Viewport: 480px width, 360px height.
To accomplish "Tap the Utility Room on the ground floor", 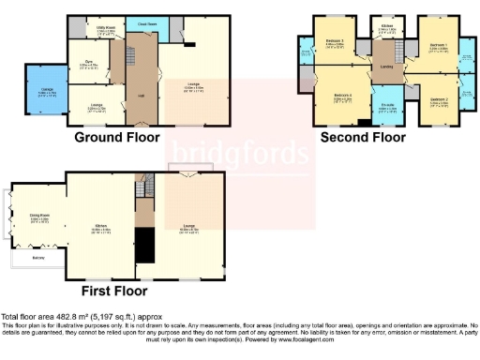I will [x=91, y=29].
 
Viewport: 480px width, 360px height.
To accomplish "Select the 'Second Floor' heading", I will [x=363, y=137].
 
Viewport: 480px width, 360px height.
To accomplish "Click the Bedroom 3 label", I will [x=335, y=42].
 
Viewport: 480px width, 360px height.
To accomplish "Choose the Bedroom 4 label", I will [x=341, y=96].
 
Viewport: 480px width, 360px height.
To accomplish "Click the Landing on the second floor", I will [x=385, y=67].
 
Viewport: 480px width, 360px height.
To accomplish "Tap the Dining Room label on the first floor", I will [x=39, y=220].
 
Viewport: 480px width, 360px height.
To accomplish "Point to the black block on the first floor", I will [x=144, y=245].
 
